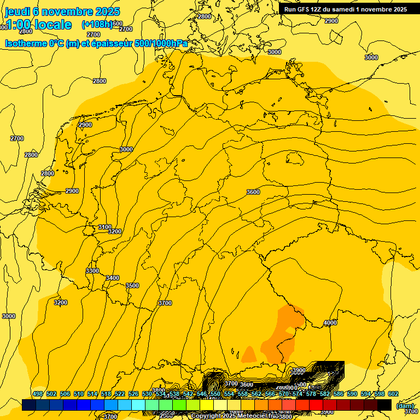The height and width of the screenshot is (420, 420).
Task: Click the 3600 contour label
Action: click(253, 192)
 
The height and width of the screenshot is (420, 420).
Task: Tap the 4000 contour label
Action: click(330, 323)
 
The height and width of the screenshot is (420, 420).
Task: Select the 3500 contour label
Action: click(132, 286)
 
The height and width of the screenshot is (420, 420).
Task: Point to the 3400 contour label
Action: click(113, 278)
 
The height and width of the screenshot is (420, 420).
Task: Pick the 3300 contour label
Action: click(92, 271)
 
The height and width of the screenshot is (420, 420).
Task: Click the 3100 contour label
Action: click(105, 227)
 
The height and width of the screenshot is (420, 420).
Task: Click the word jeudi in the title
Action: click(17, 11)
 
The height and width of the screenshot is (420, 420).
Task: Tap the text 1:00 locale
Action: click(38, 25)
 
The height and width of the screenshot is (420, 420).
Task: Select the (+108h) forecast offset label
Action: click(97, 25)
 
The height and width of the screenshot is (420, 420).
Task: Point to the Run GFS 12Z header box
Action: click(345, 9)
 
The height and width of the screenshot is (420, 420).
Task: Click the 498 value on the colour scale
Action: click(38, 394)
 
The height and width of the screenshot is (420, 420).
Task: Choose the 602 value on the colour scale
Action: click(393, 394)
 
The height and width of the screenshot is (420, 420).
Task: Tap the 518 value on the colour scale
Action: click(106, 394)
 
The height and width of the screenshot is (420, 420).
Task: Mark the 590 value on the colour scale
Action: click(352, 394)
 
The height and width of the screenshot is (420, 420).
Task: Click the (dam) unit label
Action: click(404, 406)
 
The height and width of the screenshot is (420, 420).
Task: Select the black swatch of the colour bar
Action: click(384, 405)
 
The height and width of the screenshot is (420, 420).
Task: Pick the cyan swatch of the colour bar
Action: click(138, 405)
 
